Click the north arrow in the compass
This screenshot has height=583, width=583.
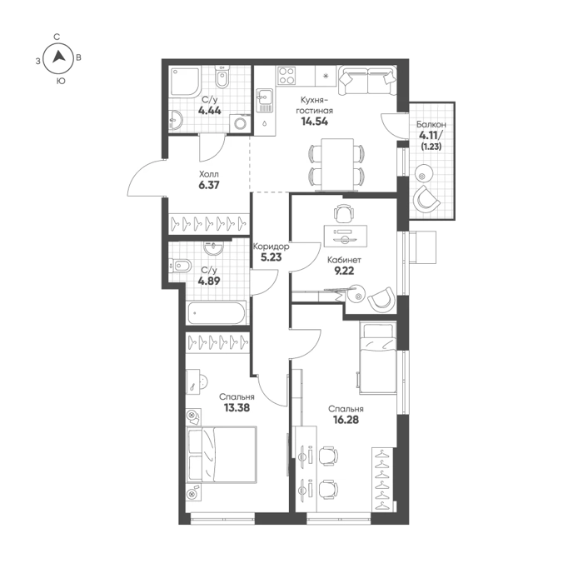(x=59, y=57)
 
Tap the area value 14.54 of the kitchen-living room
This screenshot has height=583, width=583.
(x=315, y=122)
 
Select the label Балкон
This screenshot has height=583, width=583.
(x=431, y=125)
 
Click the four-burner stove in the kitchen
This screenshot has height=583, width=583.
(x=287, y=76)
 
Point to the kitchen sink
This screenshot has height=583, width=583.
(x=264, y=101)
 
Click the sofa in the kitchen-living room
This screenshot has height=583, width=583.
(x=367, y=80)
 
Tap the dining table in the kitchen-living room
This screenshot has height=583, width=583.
(x=337, y=164)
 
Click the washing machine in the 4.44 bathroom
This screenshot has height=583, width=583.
(x=240, y=123)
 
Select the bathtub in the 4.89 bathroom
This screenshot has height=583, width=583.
(x=217, y=313)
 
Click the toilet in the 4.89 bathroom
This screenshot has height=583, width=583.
(x=181, y=266)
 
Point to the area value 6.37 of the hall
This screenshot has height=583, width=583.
(x=209, y=185)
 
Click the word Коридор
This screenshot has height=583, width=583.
(x=271, y=247)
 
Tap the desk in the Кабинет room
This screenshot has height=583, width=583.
(x=346, y=236)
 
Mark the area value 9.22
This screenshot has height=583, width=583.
(x=344, y=271)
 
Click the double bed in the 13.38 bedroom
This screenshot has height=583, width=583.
(x=222, y=455)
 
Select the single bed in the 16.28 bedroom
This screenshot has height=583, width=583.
(x=377, y=358)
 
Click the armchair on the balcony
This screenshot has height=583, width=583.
(x=426, y=198)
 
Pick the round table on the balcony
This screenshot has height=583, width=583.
(x=422, y=172)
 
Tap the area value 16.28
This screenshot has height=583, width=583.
(x=346, y=420)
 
